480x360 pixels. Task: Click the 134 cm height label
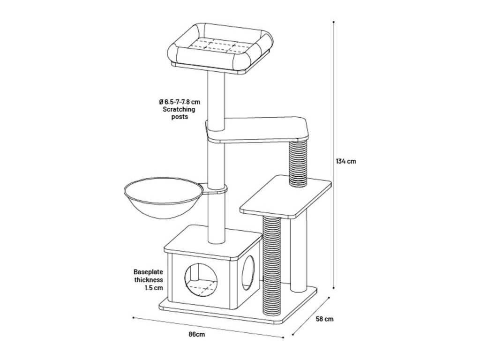346,161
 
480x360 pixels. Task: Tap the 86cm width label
196,334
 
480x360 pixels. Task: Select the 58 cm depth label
324,319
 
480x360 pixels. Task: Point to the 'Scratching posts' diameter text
179,109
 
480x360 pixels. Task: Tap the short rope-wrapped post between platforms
298,164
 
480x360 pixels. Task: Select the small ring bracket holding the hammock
215,189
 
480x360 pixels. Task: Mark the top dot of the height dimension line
333,22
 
